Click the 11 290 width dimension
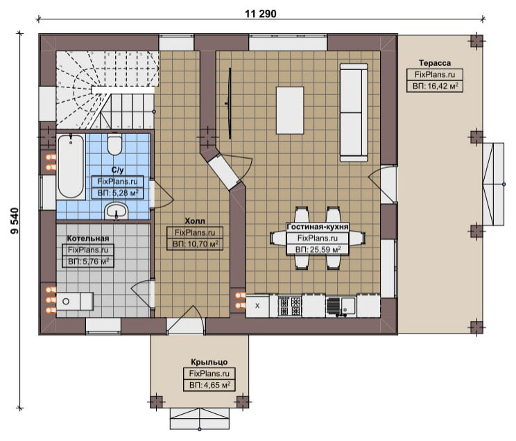[260, 14]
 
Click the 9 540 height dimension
[15, 220]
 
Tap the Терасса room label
[435, 63]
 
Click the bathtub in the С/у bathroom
[71, 166]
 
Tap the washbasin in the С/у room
[116, 211]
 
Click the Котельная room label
[88, 239]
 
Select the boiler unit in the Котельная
[75, 301]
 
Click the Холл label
[194, 220]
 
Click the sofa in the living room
[354, 112]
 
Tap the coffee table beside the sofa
[290, 110]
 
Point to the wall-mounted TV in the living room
[230, 103]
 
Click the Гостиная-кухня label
[318, 227]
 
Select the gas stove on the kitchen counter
[290, 306]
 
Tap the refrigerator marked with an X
[257, 306]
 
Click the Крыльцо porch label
[209, 362]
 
